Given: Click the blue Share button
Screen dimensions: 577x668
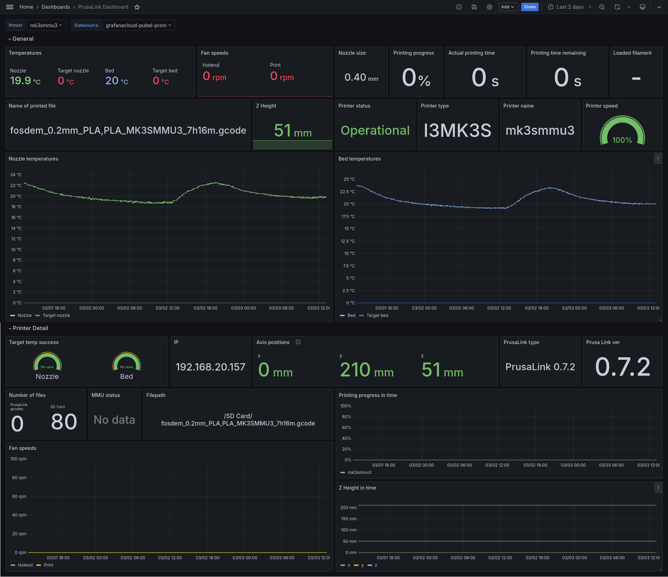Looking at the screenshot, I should [530, 7].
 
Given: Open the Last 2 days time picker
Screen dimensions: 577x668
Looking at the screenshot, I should [570, 7].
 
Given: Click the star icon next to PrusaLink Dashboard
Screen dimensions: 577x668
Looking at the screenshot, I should [137, 7].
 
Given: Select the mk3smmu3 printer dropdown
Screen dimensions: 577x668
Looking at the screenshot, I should [46, 25].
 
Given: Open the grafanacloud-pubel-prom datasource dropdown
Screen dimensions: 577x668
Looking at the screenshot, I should [138, 25].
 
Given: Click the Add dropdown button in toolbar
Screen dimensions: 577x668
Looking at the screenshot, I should [508, 7].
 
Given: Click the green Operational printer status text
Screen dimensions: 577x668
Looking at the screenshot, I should [375, 130].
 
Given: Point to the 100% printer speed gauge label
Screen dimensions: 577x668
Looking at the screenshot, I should [622, 140].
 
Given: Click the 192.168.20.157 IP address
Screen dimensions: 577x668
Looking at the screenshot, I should [210, 367].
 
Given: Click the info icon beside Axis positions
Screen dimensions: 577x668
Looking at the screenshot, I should [298, 342].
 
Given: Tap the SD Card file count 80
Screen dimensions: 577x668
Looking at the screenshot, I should [64, 422].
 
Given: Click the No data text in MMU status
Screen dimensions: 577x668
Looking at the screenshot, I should [114, 420].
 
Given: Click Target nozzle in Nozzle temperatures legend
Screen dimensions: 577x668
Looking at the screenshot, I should [56, 315].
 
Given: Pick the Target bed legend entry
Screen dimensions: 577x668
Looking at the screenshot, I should [377, 315].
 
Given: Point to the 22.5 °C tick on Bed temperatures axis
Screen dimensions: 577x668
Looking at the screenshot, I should [347, 192].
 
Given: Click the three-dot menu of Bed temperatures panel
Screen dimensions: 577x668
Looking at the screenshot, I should [658, 158].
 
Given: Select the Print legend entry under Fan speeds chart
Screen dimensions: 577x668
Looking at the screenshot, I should [48, 565].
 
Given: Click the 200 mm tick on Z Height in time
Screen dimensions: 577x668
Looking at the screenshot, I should [348, 507].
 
